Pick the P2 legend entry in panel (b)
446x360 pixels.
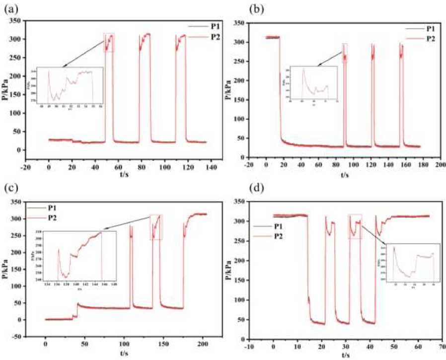pos(429,38)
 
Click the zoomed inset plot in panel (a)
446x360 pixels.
pos(70,87)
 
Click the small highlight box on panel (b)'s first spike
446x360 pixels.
pos(345,53)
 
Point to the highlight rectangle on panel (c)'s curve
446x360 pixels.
pos(156,227)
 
